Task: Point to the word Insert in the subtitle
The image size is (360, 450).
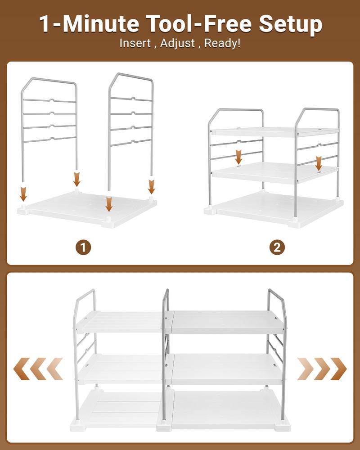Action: (133, 44)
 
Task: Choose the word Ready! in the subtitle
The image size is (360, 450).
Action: (224, 44)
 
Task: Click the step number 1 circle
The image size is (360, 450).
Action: (83, 247)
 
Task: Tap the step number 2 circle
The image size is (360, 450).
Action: (277, 247)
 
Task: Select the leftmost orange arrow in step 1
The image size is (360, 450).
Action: (23, 194)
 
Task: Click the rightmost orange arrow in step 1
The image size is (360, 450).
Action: (151, 186)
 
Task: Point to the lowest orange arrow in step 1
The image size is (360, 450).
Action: (108, 203)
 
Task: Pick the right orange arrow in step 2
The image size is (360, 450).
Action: (319, 163)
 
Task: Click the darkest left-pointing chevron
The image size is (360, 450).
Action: (21, 369)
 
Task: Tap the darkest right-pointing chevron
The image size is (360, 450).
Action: (339, 369)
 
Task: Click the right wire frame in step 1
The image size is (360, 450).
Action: (130, 112)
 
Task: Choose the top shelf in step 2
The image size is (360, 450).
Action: (274, 131)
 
